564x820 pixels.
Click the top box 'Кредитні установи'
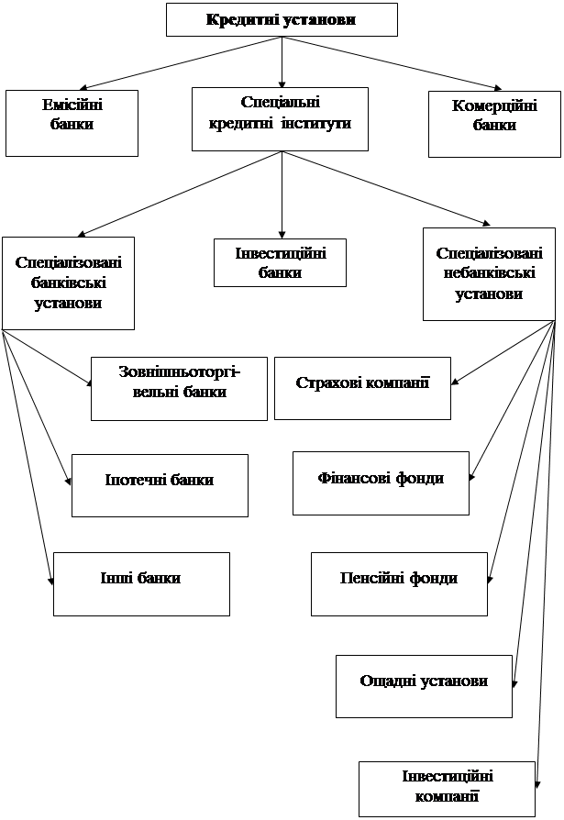pos(282,19)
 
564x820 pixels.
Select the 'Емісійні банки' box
pos(72,122)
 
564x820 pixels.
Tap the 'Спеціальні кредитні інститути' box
pos(280,118)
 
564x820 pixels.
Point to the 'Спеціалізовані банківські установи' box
pos(68,283)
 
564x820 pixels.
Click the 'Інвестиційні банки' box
pos(280,262)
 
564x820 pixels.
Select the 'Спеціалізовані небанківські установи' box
pos(489,273)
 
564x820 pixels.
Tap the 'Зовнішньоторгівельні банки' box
pos(179,388)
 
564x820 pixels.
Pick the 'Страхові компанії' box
pos(362,388)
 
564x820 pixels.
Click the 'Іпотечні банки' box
pos(160,484)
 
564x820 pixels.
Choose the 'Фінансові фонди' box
pos(381,482)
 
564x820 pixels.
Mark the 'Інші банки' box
pos(141,583)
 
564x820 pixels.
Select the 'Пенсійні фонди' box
pos(399,583)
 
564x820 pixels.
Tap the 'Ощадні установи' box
pos(424,686)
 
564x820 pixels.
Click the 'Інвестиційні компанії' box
pos(447,788)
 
